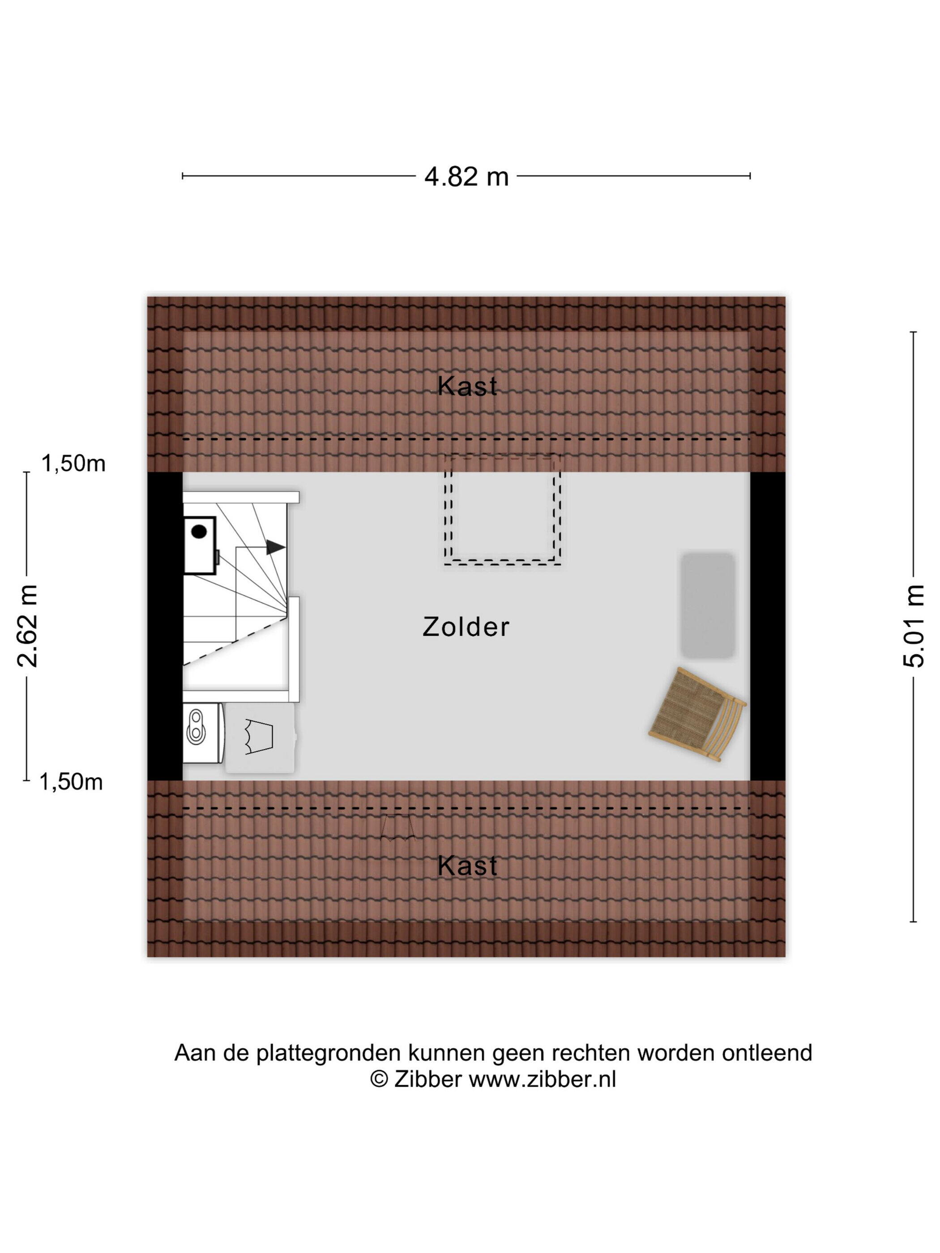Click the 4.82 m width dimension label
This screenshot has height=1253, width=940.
point(466,177)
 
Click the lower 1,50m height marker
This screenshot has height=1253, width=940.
point(71,782)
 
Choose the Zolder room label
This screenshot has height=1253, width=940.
point(466,627)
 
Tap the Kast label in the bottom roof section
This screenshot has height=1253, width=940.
point(467,866)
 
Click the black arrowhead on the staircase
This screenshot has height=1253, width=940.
point(275,547)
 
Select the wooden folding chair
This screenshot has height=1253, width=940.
point(697,714)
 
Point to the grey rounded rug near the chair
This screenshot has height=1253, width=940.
point(708,605)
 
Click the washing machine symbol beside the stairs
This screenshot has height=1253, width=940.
point(202,733)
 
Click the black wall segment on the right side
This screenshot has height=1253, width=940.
point(768,626)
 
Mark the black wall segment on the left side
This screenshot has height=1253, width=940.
point(165,626)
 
